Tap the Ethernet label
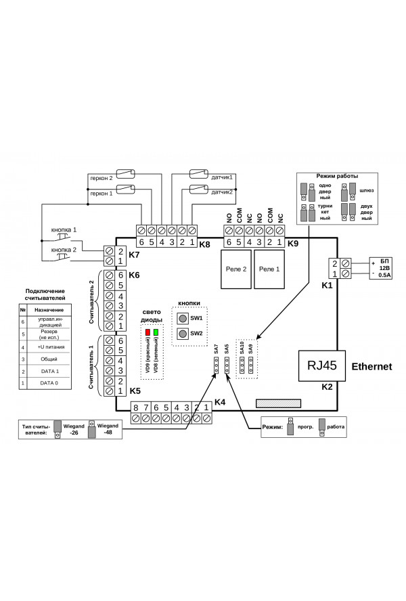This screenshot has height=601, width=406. click(371, 367)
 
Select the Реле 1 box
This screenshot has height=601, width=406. click(268, 269)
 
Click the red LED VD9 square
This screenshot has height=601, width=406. click(148, 333)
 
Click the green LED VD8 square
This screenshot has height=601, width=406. click(156, 333)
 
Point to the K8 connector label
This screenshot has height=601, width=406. click(204, 243)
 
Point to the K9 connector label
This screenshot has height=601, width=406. click(292, 243)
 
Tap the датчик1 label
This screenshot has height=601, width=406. click(222, 178)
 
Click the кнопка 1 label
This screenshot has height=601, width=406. click(65, 229)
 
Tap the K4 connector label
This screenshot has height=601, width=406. click(219, 403)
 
